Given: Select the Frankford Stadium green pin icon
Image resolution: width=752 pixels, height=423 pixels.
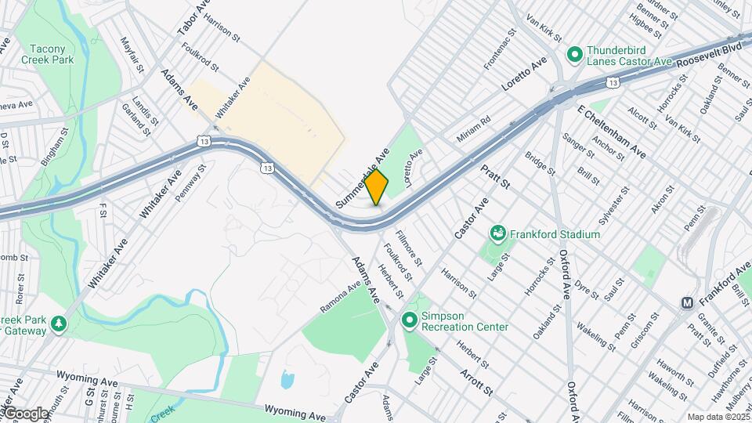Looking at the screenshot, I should (497, 233).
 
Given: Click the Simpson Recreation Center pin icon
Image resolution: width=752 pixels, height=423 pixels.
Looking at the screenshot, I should (409, 320).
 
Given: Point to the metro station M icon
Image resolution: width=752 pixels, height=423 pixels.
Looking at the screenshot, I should (687, 302).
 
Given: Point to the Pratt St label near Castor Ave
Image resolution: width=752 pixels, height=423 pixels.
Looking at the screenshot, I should (495, 176).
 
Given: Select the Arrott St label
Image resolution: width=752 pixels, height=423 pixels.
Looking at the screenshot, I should (476, 381).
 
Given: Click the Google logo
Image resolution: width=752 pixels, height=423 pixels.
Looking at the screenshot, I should (25, 413).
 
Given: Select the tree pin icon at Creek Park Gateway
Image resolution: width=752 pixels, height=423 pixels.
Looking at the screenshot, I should (57, 323).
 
